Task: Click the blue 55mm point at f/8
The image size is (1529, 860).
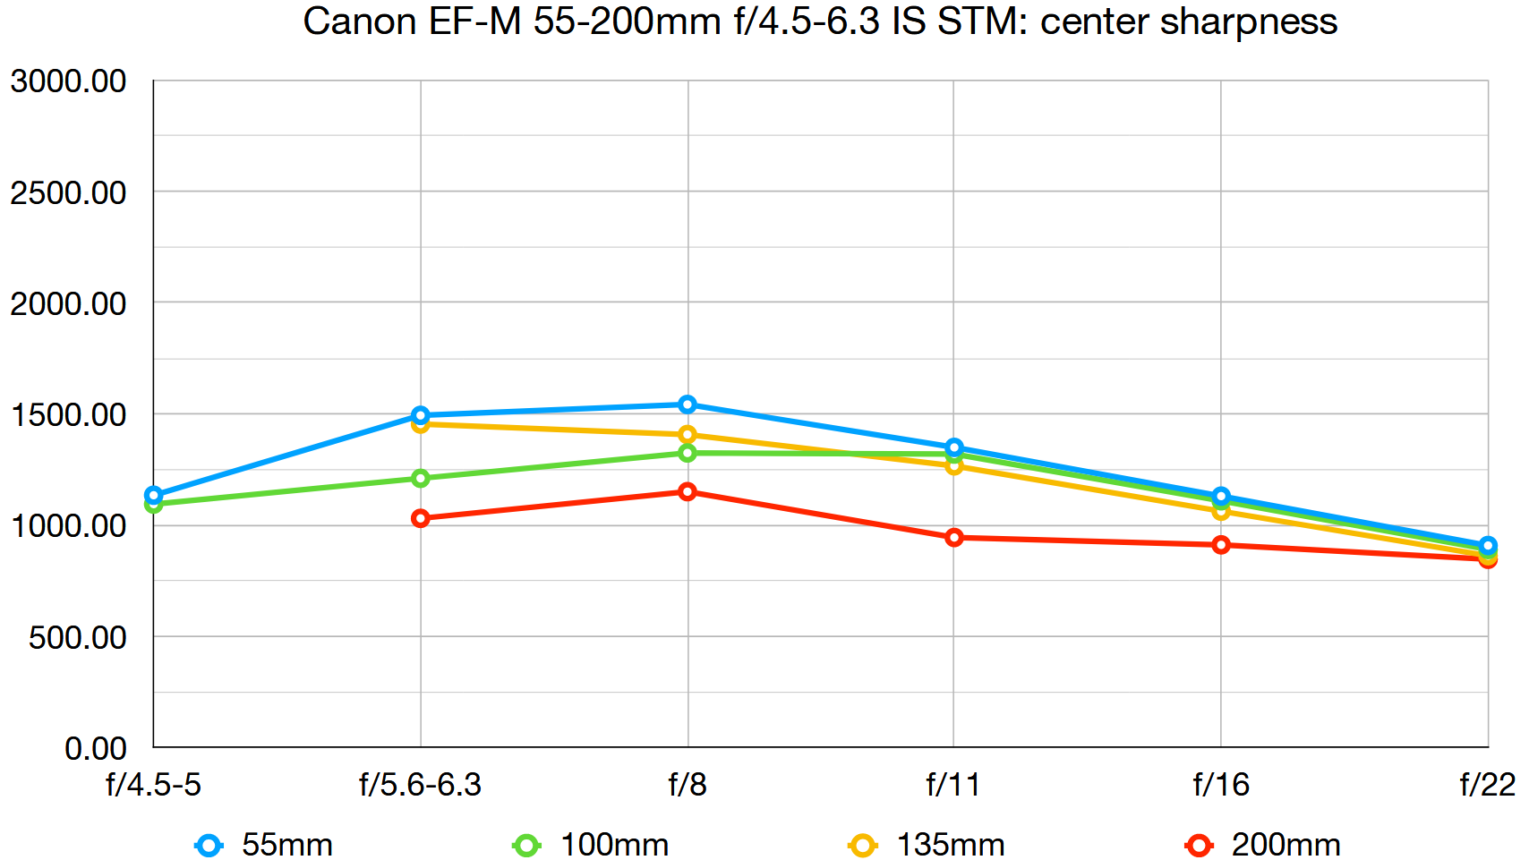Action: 688,404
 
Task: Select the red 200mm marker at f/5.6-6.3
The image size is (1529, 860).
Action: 421,518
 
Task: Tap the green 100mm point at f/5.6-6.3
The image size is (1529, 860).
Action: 421,479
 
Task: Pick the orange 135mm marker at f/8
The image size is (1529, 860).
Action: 688,435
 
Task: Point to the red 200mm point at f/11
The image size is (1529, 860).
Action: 954,538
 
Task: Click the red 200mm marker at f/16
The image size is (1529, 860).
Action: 1221,545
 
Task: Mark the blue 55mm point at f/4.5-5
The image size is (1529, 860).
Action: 154,495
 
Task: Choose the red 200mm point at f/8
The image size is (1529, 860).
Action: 688,491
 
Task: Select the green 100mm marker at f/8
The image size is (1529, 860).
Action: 688,453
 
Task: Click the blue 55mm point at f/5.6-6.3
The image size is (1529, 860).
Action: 421,415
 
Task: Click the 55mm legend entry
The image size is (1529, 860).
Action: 265,845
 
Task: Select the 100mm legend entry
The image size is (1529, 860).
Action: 592,845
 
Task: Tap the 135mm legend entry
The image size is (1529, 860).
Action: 927,845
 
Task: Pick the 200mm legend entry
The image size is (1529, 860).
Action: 1263,845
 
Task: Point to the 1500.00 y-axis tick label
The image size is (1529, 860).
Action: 69,414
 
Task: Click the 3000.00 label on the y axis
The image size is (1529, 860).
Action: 69,81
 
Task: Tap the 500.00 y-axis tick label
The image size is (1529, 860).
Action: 78,637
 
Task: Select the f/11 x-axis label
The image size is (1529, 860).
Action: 953,785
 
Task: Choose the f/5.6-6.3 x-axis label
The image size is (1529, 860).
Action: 421,785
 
